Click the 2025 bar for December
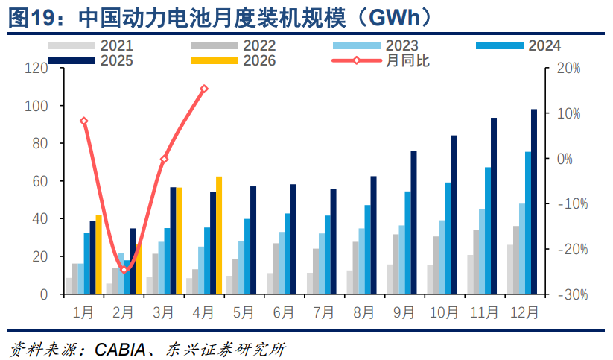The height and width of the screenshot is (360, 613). pyautogui.click(x=534, y=201)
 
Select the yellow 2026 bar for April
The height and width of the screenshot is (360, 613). pyautogui.click(x=219, y=236)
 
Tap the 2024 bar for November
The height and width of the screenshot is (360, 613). pyautogui.click(x=488, y=231)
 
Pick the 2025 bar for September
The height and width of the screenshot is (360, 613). pyautogui.click(x=413, y=222)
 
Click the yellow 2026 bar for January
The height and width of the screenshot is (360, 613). pyautogui.click(x=98, y=254)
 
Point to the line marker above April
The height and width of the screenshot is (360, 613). pyautogui.click(x=204, y=89)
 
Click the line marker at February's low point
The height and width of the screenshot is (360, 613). pyautogui.click(x=124, y=270)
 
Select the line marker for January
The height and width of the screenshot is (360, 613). pyautogui.click(x=83, y=121)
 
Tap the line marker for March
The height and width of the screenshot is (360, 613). pyautogui.click(x=164, y=160)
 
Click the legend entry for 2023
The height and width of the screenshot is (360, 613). pyautogui.click(x=375, y=45)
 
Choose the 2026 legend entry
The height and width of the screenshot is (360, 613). pyautogui.click(x=233, y=60)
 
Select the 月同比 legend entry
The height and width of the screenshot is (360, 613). pyautogui.click(x=381, y=60)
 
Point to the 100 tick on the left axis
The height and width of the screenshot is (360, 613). pyautogui.click(x=36, y=106)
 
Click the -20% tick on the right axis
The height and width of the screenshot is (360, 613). pyautogui.click(x=573, y=249)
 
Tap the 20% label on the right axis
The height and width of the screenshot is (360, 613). pyautogui.click(x=568, y=69)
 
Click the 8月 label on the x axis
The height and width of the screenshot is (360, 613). pyautogui.click(x=363, y=312)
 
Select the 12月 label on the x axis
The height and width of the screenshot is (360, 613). pyautogui.click(x=524, y=312)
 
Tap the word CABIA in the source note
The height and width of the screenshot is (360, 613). pyautogui.click(x=120, y=350)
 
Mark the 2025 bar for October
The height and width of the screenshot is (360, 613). pyautogui.click(x=454, y=215)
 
